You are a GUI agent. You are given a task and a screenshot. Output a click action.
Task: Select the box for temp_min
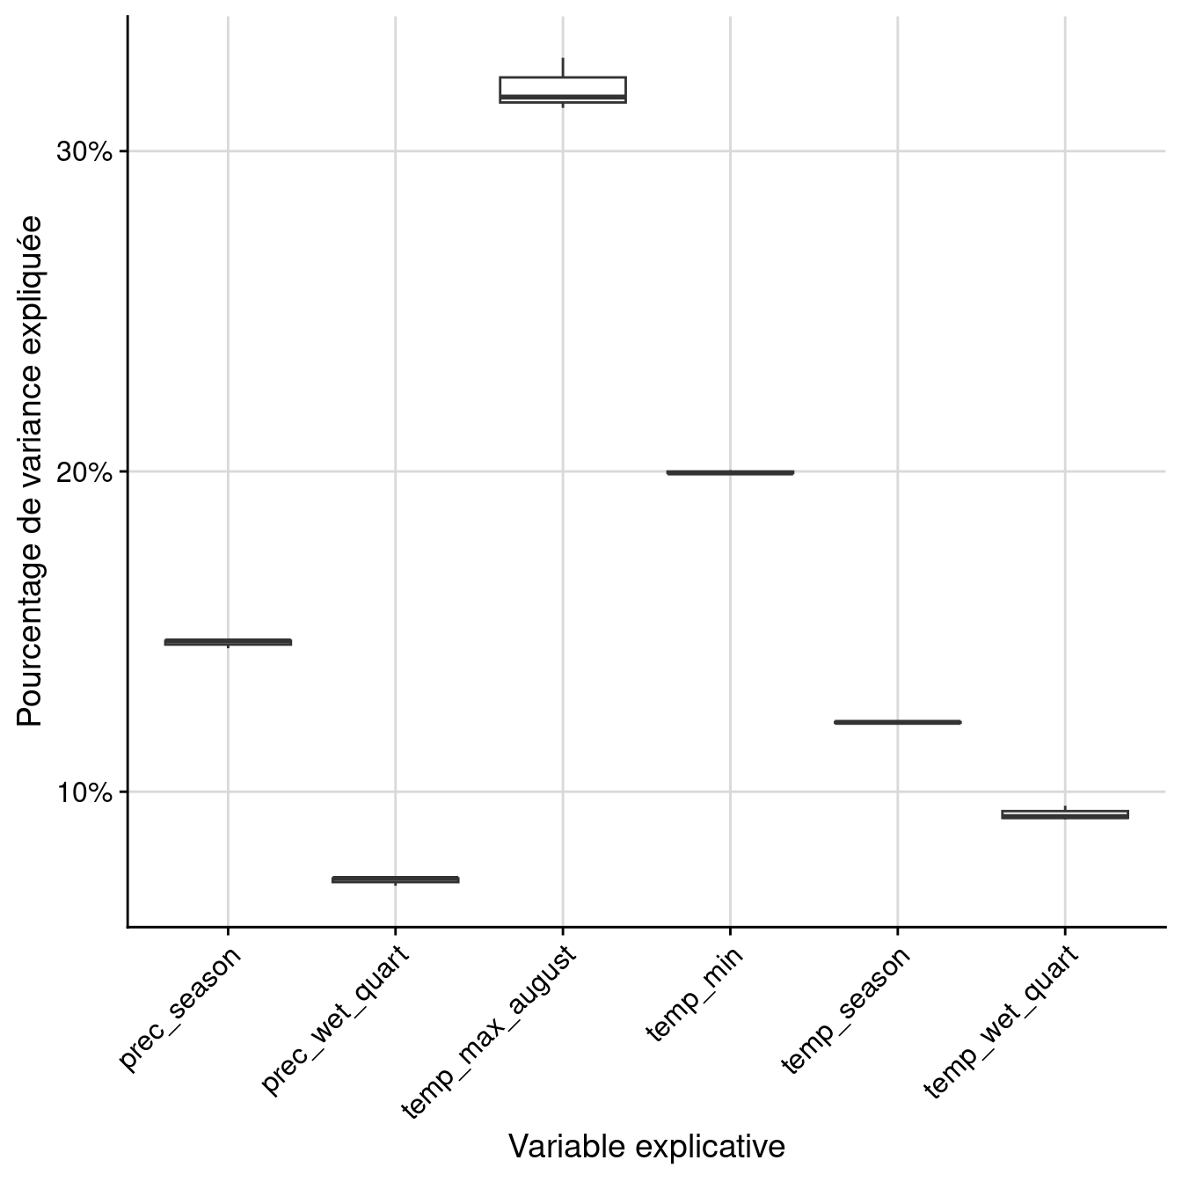pos(730,472)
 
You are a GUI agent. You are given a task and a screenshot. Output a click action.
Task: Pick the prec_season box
pos(228,642)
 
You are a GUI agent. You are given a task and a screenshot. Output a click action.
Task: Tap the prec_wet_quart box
pos(395,879)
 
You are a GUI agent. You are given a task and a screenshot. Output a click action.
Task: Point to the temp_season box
pos(897,722)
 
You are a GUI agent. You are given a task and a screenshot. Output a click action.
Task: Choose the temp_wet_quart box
pos(1064,814)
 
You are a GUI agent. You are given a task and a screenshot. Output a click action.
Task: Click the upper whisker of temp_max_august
pos(563,68)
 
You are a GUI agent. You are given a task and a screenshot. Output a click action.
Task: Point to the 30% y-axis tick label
pos(85,152)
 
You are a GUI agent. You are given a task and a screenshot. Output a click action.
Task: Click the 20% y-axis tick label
pos(85,472)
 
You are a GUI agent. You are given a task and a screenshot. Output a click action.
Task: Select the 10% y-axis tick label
pos(85,792)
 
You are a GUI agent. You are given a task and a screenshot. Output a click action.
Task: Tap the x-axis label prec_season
pos(180,1008)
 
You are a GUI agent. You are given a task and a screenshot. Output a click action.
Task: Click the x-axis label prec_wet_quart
pos(336,1020)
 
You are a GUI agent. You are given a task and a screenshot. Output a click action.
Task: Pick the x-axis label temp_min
pos(695,994)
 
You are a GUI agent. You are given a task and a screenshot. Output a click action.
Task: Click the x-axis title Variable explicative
pos(646,1147)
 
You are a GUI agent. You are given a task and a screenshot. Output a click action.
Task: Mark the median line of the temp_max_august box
pos(563,97)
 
